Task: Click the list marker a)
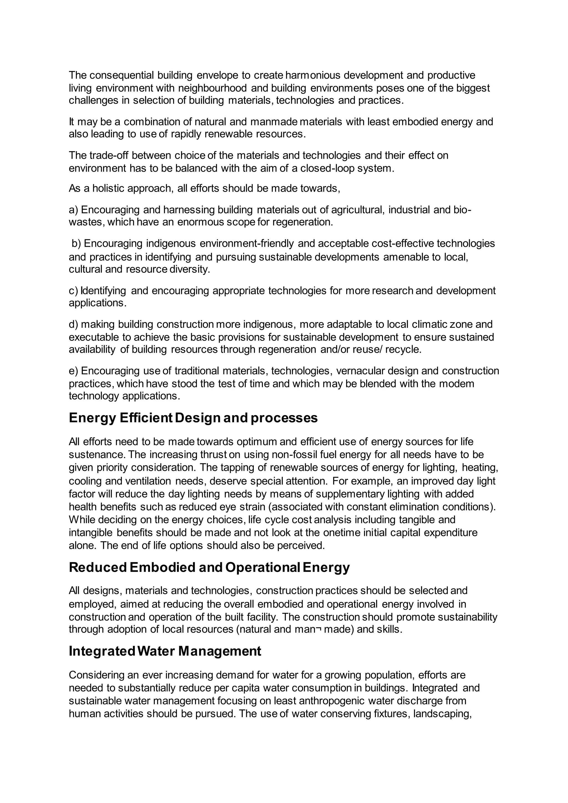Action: tap(73, 210)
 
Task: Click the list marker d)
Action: tap(73, 325)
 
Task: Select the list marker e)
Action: tap(73, 371)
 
